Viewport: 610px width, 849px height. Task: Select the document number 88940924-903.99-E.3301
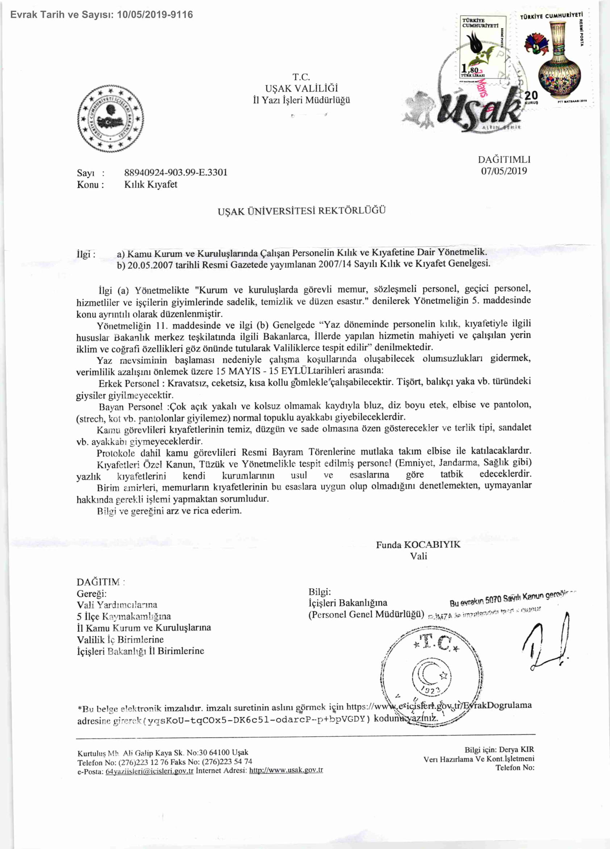click(176, 173)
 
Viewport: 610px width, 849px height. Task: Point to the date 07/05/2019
click(504, 171)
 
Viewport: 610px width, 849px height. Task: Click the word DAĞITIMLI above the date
click(504, 160)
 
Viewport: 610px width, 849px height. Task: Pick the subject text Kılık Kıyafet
click(151, 185)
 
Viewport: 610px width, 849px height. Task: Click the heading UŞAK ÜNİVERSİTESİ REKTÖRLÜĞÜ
click(301, 210)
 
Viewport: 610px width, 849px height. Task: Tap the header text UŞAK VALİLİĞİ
click(301, 88)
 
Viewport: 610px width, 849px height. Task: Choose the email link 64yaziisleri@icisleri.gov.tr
click(150, 771)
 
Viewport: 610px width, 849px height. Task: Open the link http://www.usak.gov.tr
click(286, 770)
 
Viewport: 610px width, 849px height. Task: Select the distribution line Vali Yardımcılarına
click(117, 605)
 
